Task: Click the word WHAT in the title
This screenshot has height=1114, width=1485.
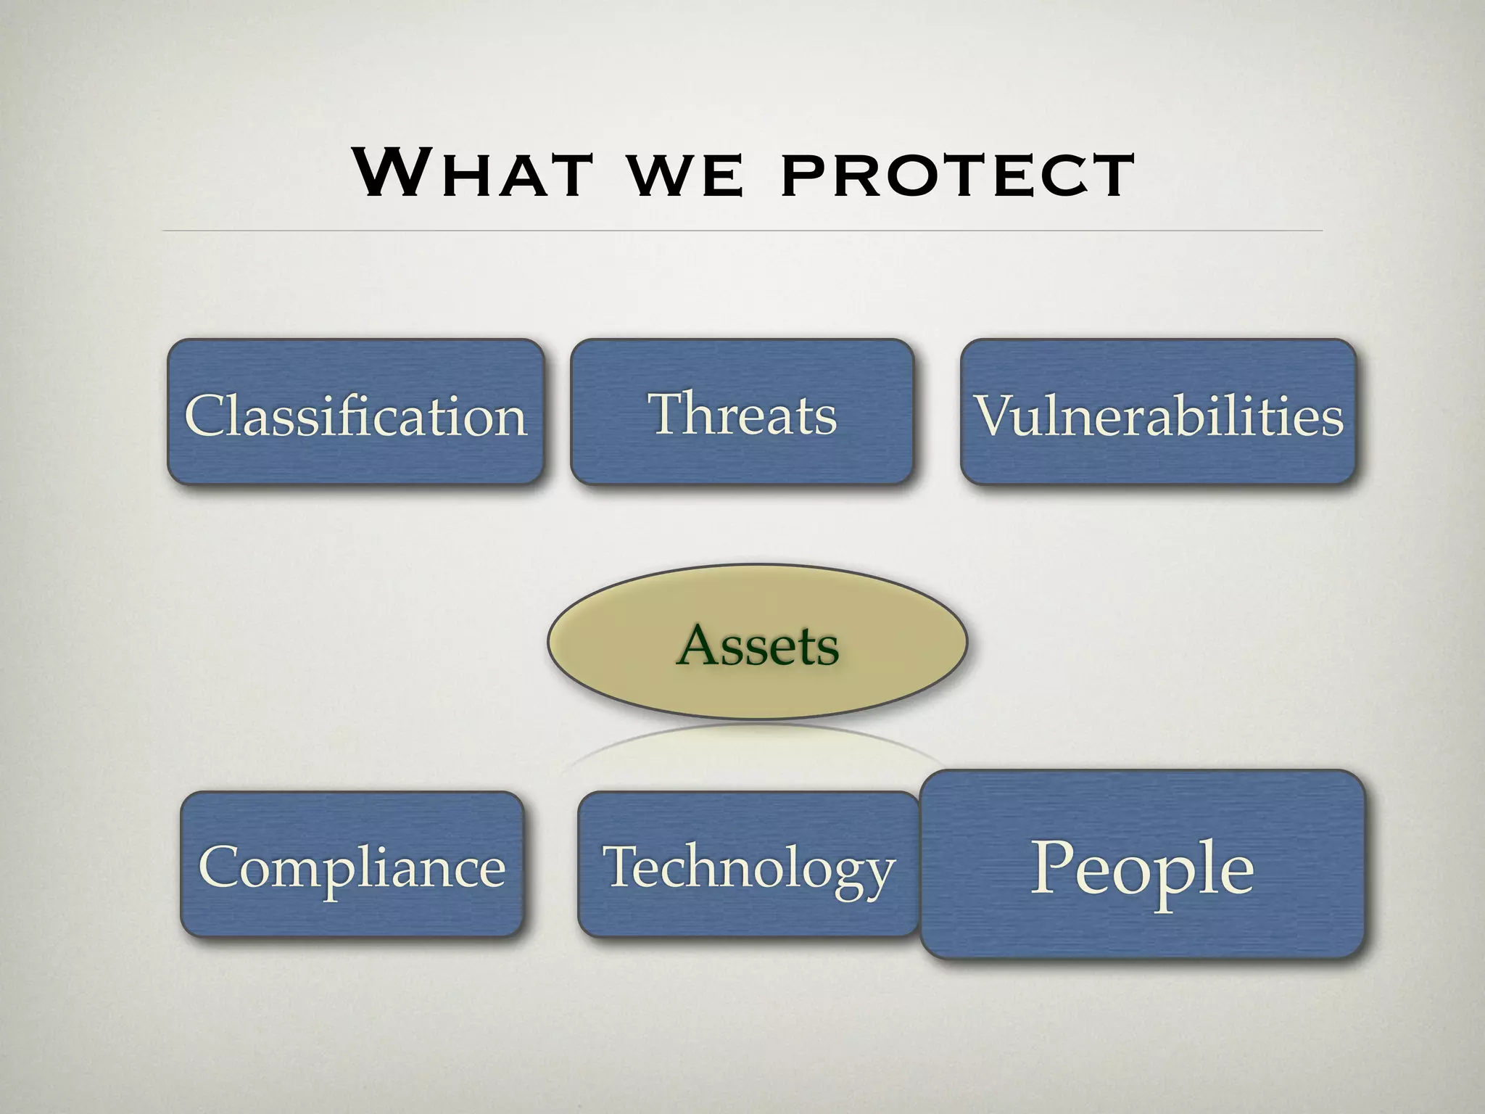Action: click(471, 173)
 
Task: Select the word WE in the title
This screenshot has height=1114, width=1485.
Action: click(684, 177)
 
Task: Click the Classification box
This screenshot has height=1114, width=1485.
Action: click(355, 412)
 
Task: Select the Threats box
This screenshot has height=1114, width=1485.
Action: click(741, 412)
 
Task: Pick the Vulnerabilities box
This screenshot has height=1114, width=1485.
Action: click(1158, 412)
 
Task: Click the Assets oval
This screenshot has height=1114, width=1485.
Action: click(757, 643)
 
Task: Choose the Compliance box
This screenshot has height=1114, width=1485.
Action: click(352, 865)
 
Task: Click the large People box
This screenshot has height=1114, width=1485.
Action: click(1142, 865)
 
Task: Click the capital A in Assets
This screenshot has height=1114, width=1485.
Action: click(700, 645)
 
